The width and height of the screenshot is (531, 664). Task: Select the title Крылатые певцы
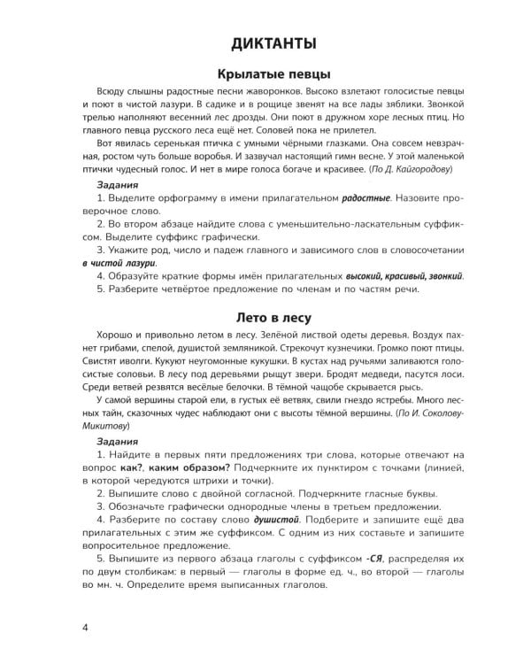coord(265,73)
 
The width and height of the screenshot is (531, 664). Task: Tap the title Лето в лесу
coord(265,315)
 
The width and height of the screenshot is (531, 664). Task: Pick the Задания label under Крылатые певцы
coord(117,185)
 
